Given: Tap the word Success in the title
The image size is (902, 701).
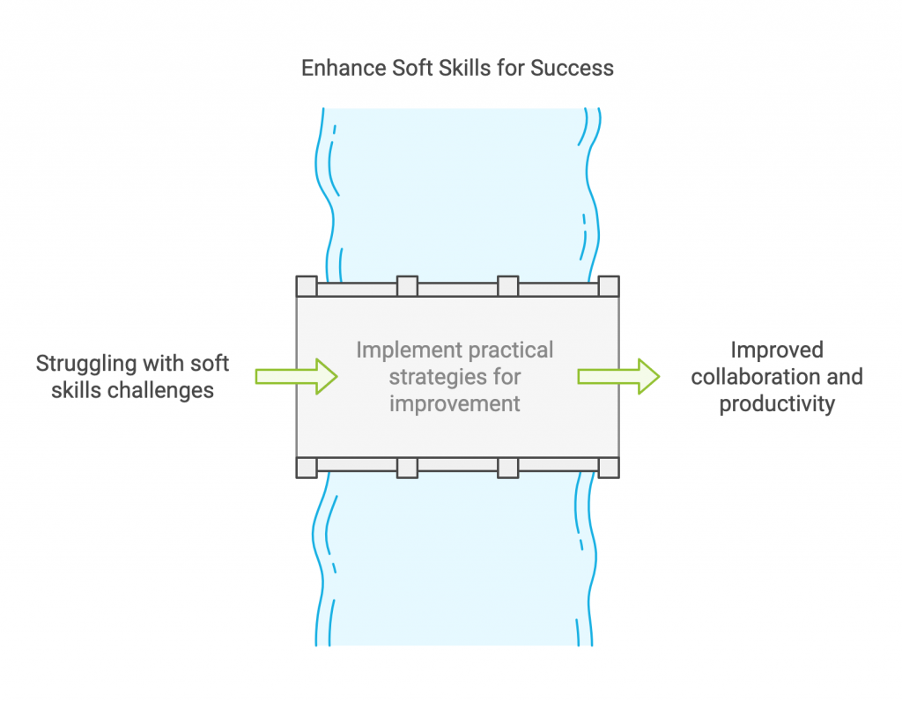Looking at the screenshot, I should pos(575,68).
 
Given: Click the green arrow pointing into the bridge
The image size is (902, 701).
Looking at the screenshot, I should pos(296,376).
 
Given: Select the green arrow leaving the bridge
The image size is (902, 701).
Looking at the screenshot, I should pos(618,376).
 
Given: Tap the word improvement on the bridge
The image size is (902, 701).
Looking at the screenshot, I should pos(455,403).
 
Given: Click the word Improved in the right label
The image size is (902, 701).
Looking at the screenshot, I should pos(776,350).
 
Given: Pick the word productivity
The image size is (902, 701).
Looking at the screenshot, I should pos(776,404).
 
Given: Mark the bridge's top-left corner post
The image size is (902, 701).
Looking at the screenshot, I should pos(306,286).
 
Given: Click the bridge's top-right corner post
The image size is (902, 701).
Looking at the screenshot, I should pos(609,286).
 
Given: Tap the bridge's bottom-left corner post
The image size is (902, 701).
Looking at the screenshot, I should pos(306,468).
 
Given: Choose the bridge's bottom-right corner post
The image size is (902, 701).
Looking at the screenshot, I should pos(609,468).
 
